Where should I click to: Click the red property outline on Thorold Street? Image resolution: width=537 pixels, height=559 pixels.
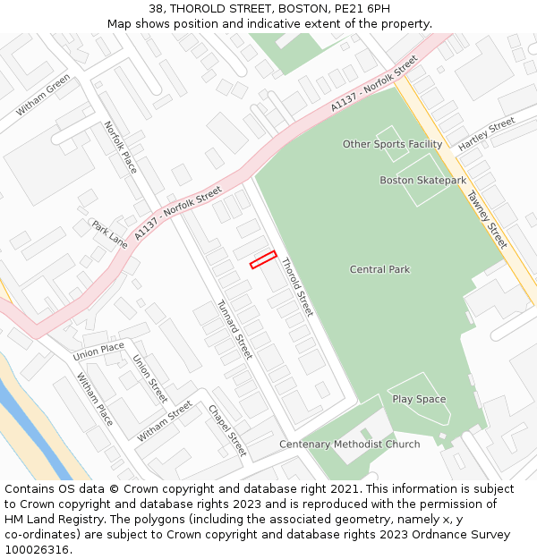(262, 259)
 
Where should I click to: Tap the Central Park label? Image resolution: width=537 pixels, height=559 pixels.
(379, 269)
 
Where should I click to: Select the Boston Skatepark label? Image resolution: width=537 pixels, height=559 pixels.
(422, 181)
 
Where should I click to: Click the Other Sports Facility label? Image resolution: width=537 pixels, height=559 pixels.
(392, 144)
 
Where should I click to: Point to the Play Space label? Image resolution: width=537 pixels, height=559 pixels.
(418, 399)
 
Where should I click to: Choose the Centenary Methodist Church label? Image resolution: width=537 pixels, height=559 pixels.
(349, 445)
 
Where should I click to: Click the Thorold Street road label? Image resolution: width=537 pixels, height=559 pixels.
(297, 287)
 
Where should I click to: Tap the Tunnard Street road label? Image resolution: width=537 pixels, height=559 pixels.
(234, 330)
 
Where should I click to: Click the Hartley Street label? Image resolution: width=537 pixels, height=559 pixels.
(486, 134)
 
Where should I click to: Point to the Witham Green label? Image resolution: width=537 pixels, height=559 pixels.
(43, 96)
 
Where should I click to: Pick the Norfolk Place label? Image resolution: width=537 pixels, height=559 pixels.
(120, 148)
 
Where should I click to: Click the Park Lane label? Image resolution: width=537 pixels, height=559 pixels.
(109, 233)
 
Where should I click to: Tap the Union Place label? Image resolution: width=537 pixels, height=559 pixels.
(98, 348)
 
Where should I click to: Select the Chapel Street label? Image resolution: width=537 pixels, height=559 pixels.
(226, 430)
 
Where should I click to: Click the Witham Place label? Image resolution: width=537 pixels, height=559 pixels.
(94, 399)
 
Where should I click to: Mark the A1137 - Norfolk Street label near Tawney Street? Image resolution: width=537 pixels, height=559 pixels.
(374, 83)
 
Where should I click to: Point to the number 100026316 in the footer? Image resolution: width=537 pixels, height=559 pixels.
(37, 549)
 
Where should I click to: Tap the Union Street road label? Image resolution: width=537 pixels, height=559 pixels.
(149, 378)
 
